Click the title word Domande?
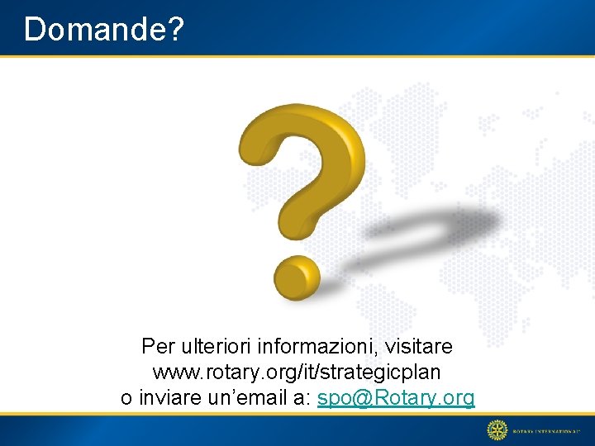pos(103,29)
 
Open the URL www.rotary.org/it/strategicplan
pos(297,372)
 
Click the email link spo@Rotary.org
pos(396,398)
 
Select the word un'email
pos(245,398)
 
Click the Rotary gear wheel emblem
pos(497,429)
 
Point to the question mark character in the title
pos(174,29)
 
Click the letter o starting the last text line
pos(126,399)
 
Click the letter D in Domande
pos(35,29)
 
